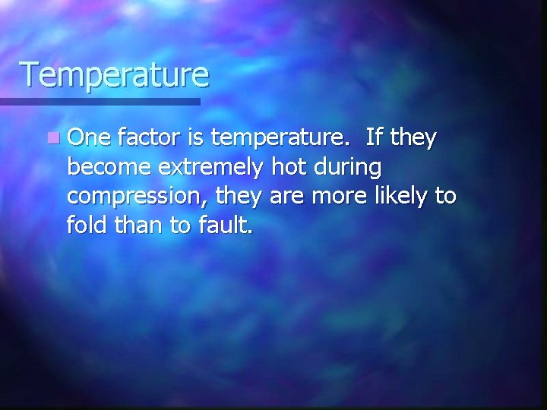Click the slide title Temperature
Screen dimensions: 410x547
(x=114, y=74)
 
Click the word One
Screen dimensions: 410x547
(x=89, y=138)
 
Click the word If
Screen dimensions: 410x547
(x=373, y=138)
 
